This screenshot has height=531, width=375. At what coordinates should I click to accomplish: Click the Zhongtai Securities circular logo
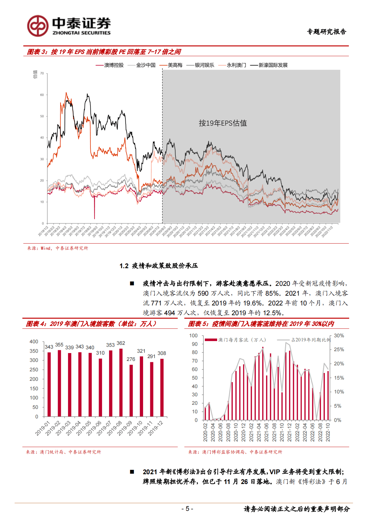coord(38,26)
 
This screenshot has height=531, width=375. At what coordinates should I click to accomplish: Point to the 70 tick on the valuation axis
coord(42,74)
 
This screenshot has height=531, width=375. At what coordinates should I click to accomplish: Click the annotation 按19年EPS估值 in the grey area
coord(223,123)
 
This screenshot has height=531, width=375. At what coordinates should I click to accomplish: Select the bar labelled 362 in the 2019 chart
coord(121,382)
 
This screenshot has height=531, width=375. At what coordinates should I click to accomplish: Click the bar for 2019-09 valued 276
coord(131,391)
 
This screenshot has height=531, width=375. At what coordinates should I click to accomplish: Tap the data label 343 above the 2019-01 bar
coord(49,347)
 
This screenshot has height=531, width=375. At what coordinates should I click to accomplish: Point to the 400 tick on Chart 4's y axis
coord(34,342)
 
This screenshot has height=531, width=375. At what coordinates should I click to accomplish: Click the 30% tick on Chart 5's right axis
coord(339,336)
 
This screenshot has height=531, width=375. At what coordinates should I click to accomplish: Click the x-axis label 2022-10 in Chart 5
coord(328,432)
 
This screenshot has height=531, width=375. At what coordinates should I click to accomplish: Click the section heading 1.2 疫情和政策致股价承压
coord(159,266)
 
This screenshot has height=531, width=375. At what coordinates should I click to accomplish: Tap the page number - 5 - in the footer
coord(187,509)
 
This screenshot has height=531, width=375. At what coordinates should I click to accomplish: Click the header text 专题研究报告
coord(326,32)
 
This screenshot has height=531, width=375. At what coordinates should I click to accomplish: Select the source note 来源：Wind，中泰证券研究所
coord(58,248)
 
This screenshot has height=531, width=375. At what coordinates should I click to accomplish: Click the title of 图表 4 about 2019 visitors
coord(91,324)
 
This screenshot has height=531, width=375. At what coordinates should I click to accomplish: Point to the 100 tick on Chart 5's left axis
coord(193,336)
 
